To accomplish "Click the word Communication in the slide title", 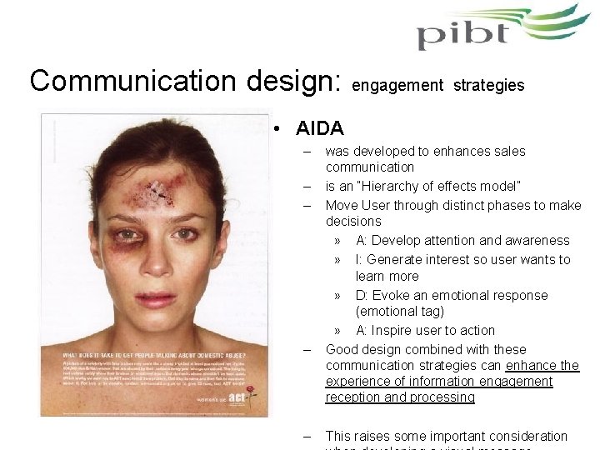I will [127, 81].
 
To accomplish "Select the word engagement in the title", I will [395, 85].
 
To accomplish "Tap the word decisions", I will [353, 222].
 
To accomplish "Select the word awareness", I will [537, 240].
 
